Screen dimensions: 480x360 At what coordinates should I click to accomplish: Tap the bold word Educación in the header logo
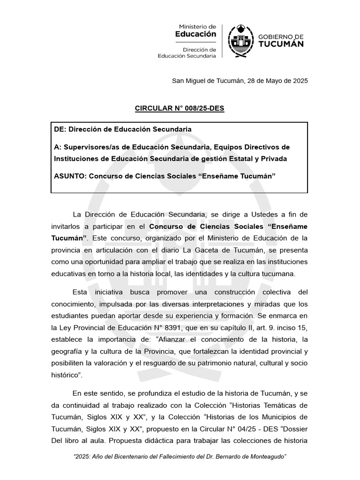195,34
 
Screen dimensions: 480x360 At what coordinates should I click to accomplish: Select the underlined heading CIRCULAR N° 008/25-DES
180,109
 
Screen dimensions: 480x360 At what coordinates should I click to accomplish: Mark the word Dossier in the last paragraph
294,428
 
